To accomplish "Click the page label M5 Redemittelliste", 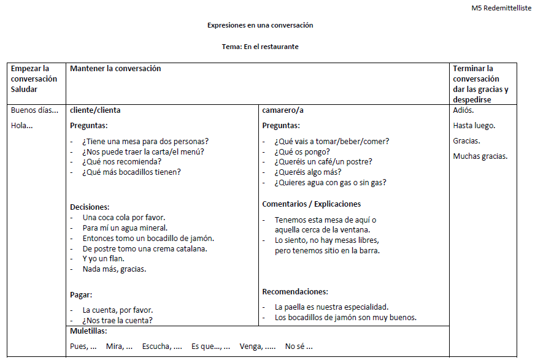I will (x=501, y=8).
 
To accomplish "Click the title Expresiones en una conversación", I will (x=260, y=25).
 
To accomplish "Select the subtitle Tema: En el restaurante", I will (x=260, y=47).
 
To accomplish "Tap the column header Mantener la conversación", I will (x=115, y=69).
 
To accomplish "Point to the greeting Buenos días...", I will (x=34, y=110).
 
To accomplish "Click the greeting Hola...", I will (x=21, y=126).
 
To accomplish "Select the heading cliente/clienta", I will (x=95, y=110).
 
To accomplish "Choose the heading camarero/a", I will (x=283, y=110).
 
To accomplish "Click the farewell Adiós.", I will (x=463, y=110).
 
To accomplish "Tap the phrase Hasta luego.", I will (x=474, y=126).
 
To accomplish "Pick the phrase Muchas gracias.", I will (x=480, y=156).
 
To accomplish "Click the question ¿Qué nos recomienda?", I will (x=121, y=161).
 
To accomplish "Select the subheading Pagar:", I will (x=81, y=295).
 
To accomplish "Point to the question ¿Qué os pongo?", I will (x=302, y=151).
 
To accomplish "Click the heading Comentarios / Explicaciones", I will (x=311, y=204).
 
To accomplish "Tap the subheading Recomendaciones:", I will (x=294, y=292).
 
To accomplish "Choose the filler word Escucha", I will (x=161, y=347).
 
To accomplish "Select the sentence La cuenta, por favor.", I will (x=117, y=310).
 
